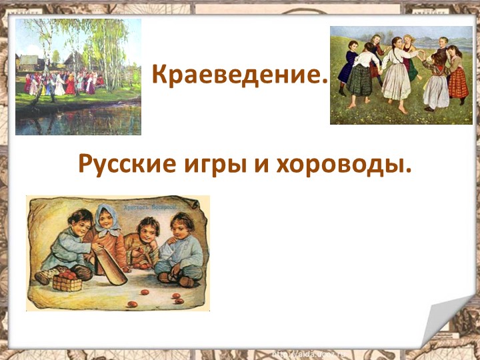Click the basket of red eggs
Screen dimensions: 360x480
[67, 280]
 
